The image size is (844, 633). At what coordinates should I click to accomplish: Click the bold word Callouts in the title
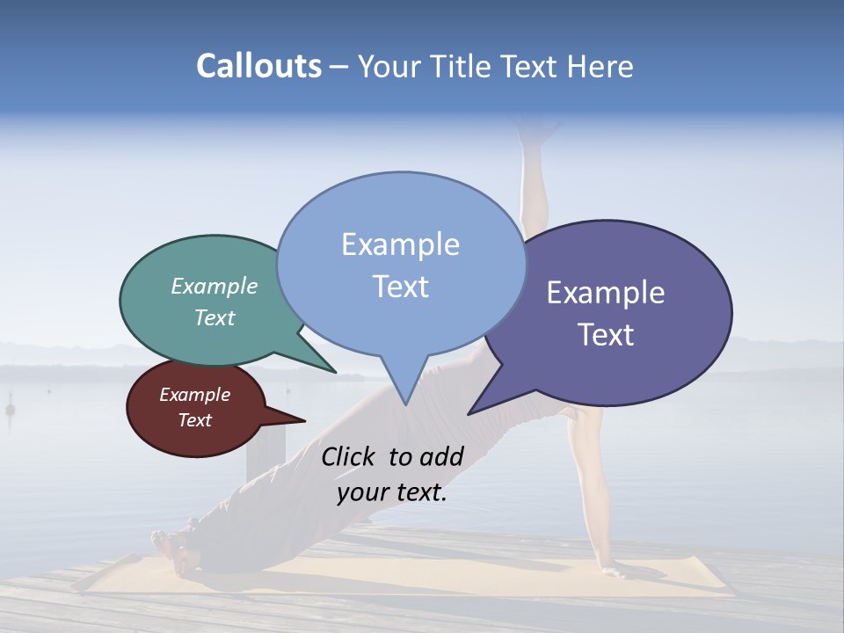coord(258,66)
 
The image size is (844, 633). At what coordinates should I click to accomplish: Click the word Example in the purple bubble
coord(606,293)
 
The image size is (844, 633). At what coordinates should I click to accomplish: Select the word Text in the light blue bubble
coord(400,287)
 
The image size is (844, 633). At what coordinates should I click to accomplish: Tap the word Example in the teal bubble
coord(215,286)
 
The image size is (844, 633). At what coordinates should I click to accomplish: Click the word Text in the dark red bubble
coord(195,420)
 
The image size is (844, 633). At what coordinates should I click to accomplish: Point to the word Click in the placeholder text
coord(350,456)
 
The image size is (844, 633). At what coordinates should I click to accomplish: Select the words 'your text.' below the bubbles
coord(392,492)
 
